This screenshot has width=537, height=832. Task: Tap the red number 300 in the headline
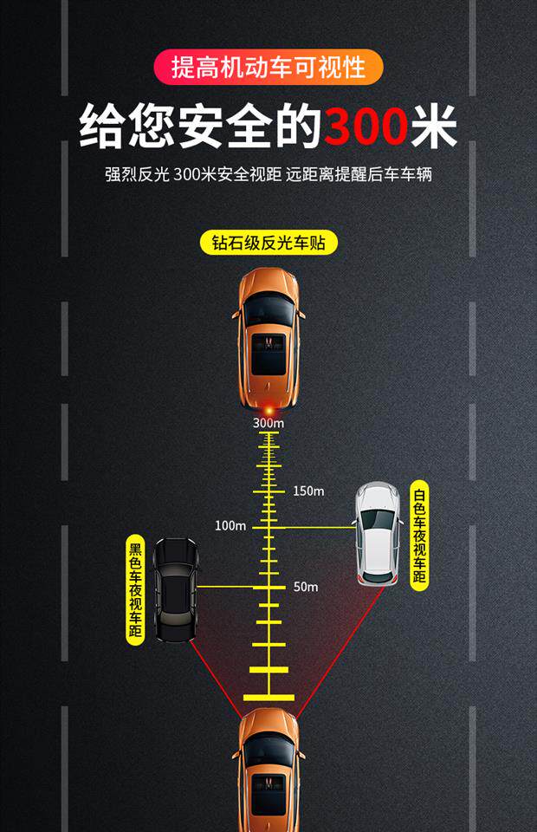point(365,127)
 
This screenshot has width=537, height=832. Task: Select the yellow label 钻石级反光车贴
point(268,243)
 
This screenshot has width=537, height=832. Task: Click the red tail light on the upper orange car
point(269,406)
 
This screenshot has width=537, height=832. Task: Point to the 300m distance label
point(268,423)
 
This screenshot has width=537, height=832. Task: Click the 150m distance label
point(307,491)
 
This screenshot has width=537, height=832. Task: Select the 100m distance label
point(230,526)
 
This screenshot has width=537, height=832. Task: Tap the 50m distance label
point(305,587)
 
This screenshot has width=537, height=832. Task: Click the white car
point(378,534)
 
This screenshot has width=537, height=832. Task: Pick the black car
point(176,590)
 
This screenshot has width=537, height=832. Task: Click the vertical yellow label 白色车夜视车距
point(419,535)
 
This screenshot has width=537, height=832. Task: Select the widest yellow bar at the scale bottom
point(268,696)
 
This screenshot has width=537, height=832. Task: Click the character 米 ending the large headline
point(434,127)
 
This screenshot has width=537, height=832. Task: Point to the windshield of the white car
point(378,520)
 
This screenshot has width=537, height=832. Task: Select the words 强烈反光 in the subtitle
point(135,174)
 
